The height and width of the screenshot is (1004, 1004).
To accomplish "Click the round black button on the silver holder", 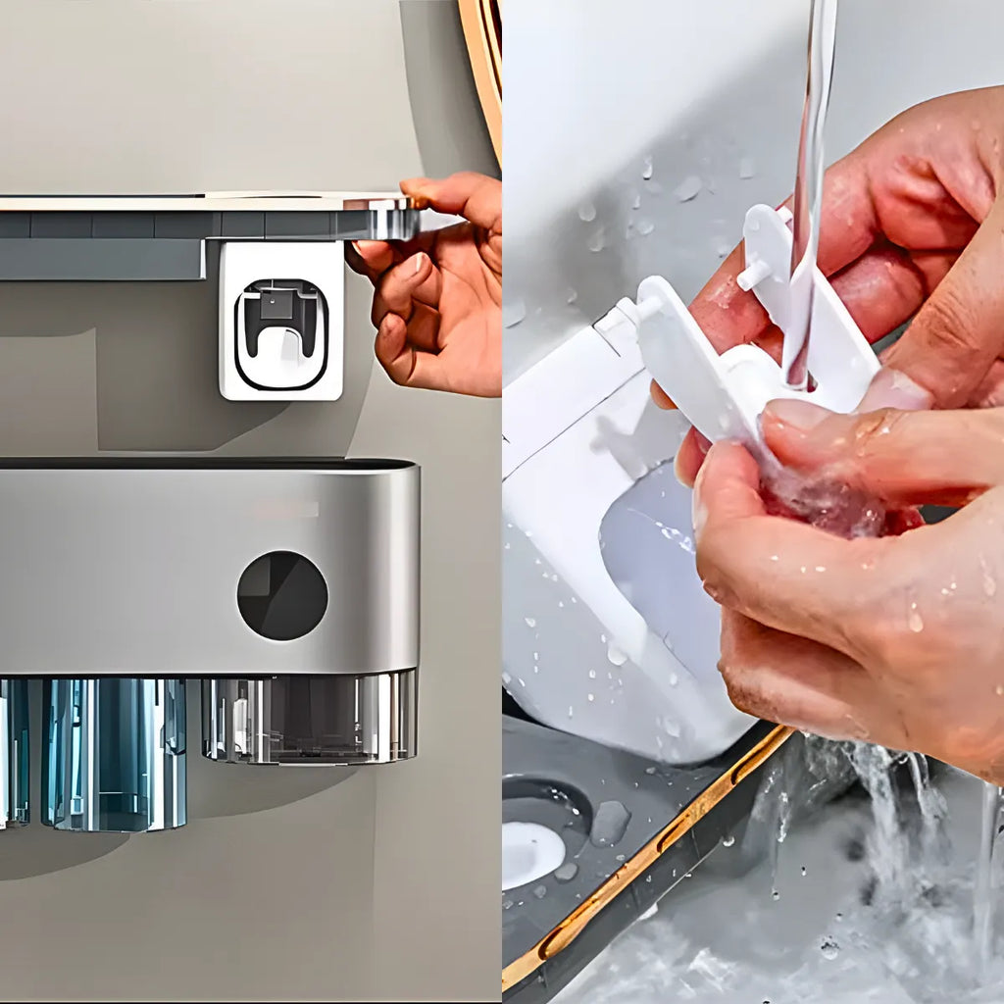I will click(282, 595).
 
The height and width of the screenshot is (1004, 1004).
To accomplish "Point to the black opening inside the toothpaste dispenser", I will click(281, 319).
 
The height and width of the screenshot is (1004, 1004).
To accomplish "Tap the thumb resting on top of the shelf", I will click(431, 190).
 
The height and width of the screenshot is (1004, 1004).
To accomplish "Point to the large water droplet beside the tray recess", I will click(609, 823).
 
